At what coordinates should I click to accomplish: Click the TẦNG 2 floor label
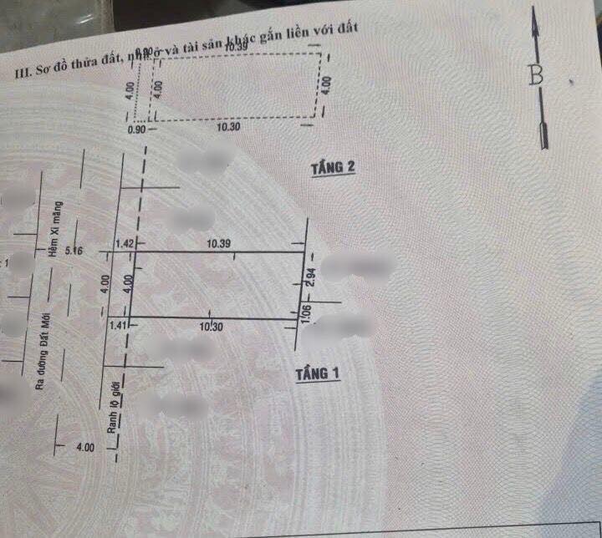[333, 168]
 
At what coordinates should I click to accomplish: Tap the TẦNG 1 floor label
[317, 374]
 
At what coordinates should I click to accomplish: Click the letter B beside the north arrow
[536, 75]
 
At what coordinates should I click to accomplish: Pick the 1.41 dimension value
[119, 326]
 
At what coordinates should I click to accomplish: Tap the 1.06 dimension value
[306, 314]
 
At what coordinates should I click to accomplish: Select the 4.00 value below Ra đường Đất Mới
[84, 449]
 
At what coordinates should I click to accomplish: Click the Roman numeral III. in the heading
[23, 74]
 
